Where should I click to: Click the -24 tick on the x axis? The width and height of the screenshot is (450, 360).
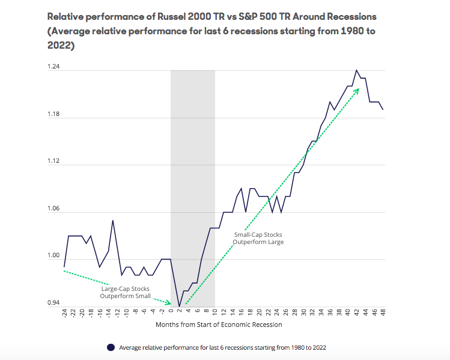click(64, 316)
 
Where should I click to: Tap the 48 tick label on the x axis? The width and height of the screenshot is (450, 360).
click(383, 314)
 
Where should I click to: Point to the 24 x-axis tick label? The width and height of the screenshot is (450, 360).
click(276, 314)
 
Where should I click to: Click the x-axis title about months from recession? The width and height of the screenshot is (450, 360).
click(219, 325)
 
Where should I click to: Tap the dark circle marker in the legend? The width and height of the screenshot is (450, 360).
click(110, 347)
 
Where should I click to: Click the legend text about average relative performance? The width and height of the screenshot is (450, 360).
click(222, 347)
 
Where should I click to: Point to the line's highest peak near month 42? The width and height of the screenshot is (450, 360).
click(356, 70)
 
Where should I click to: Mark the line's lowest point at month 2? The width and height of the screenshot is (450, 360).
click(179, 306)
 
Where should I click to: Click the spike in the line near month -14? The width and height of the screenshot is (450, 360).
click(112, 221)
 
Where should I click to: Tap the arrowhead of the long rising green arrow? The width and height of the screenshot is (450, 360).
click(358, 89)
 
